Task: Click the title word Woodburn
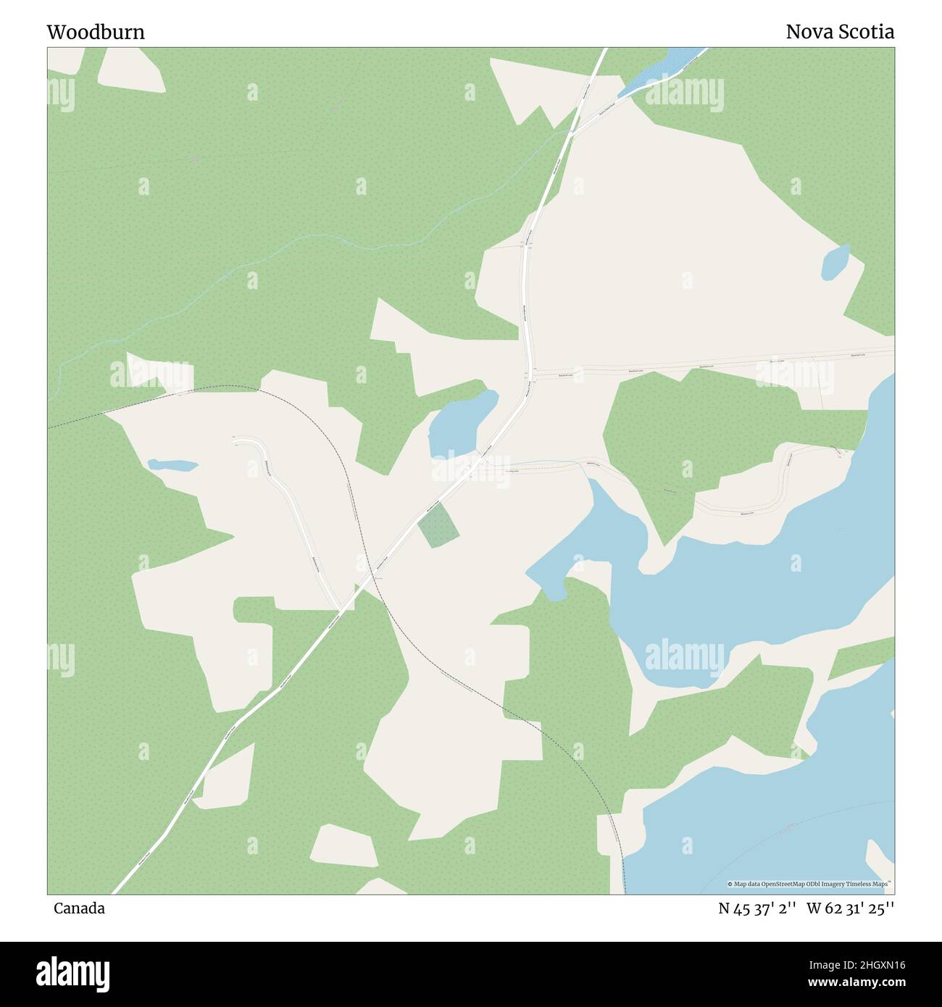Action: click(96, 32)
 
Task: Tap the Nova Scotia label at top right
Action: click(840, 32)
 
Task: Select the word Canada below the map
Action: click(79, 908)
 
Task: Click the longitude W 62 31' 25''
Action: click(851, 908)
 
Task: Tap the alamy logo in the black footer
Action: click(75, 972)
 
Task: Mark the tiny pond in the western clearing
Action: click(172, 464)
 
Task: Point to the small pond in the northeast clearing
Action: click(835, 262)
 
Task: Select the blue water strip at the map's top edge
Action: click(663, 67)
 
